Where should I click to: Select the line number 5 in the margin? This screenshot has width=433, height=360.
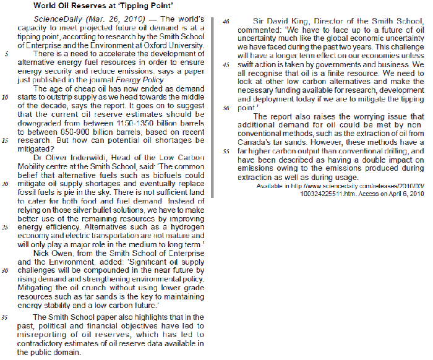pyautogui.click(x=6, y=54)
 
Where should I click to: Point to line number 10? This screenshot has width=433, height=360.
pyautogui.click(x=5, y=97)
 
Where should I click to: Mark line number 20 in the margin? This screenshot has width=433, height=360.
pyautogui.click(x=5, y=184)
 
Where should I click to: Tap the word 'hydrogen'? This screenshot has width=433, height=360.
pyautogui.click(x=187, y=227)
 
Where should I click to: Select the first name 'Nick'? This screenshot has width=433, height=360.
pyautogui.click(x=45, y=253)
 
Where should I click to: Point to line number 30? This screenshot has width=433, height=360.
pyautogui.click(x=5, y=270)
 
